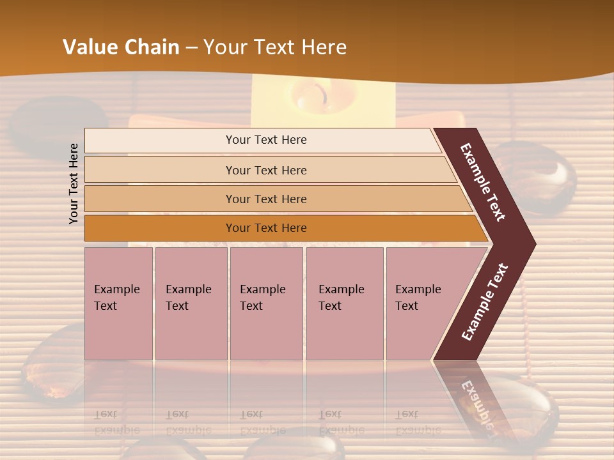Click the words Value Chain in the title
(x=121, y=47)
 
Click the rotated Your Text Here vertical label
(x=74, y=183)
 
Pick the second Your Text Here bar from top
(x=265, y=170)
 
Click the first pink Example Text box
(x=118, y=303)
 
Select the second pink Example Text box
(x=191, y=303)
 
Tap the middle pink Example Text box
(x=266, y=303)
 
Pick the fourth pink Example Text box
(x=344, y=303)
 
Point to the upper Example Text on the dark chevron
(x=483, y=182)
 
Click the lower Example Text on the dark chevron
(x=485, y=302)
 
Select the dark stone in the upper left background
(x=58, y=121)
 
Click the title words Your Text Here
(x=275, y=47)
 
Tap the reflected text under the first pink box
(x=116, y=422)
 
